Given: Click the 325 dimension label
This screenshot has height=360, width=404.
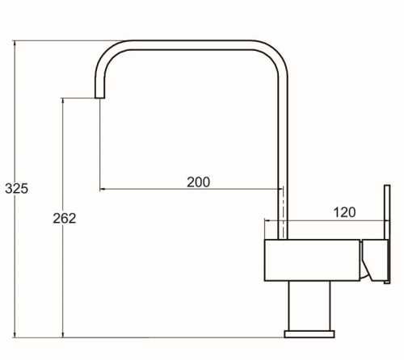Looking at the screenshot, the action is pos(16,188).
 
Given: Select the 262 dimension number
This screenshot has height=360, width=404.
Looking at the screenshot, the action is pos(65,218).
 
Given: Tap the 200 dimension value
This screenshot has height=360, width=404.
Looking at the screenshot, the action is pos(199,182).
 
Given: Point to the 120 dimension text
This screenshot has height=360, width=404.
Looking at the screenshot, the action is pos(344,212).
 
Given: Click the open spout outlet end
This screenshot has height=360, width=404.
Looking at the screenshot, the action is pos(99,98).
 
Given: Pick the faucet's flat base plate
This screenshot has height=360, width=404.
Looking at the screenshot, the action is pos(309,334).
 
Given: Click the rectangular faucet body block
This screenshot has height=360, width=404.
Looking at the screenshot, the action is pos(312,260).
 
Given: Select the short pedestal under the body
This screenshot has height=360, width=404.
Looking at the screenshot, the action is pos(309,306).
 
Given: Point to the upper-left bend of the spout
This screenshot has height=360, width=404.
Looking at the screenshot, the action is pos(106,55).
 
